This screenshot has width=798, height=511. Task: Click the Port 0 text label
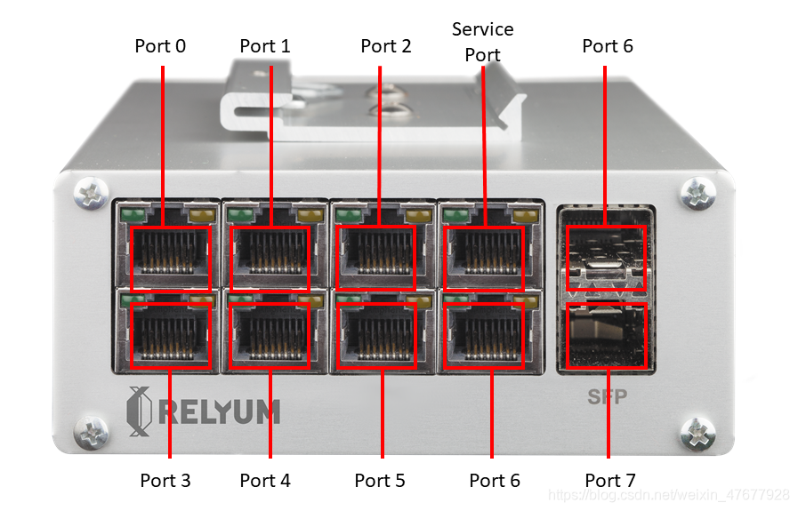pyautogui.click(x=160, y=45)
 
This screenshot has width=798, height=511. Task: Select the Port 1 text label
pyautogui.click(x=265, y=45)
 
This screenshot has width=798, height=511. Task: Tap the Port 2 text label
pyautogui.click(x=386, y=45)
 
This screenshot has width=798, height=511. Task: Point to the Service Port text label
pyautogui.click(x=482, y=42)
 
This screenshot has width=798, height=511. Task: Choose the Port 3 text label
pyautogui.click(x=165, y=481)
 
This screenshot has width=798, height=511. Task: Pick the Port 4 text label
pyautogui.click(x=265, y=481)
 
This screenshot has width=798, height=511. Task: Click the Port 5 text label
pyautogui.click(x=380, y=481)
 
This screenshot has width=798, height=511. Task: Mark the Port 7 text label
pyautogui.click(x=610, y=481)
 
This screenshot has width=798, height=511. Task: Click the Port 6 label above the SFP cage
pyautogui.click(x=608, y=45)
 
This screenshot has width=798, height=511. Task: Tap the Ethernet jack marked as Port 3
pyautogui.click(x=170, y=335)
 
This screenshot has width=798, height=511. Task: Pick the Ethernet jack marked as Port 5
pyautogui.click(x=378, y=335)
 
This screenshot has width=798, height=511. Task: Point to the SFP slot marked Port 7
pyautogui.click(x=606, y=336)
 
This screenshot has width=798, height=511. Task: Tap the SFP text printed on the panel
pyautogui.click(x=607, y=397)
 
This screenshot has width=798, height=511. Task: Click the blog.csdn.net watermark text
pyautogui.click(x=669, y=494)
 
